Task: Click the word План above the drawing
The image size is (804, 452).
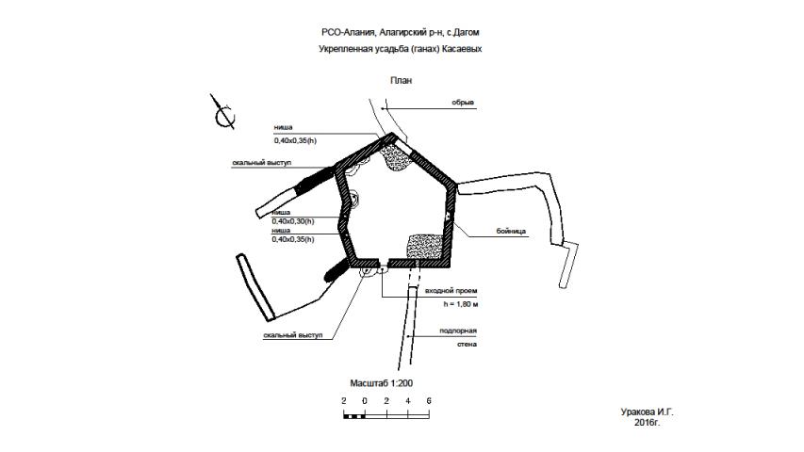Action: (x=401, y=80)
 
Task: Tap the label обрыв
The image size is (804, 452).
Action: (x=463, y=103)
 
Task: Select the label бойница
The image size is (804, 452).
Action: (x=511, y=231)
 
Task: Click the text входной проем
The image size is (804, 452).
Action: (x=451, y=291)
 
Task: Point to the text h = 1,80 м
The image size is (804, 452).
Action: (x=461, y=304)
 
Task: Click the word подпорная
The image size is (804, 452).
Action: (x=458, y=331)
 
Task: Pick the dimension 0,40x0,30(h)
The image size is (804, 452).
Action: (x=293, y=221)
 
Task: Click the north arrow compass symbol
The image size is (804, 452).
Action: (x=223, y=113)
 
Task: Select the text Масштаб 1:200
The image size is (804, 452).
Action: (x=381, y=383)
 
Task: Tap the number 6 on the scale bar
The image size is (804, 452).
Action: (x=429, y=401)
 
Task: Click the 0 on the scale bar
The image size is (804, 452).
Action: (x=365, y=401)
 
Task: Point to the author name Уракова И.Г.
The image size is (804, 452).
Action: (x=647, y=412)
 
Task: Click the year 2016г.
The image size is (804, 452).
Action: (x=647, y=423)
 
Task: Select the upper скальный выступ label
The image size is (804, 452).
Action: (x=261, y=163)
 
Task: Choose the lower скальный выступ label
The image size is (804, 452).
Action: (x=293, y=335)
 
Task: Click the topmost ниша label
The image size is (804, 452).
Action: (x=283, y=127)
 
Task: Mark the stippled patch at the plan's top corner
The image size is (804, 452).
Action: (x=397, y=158)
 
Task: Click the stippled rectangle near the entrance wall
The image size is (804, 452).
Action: (x=426, y=247)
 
